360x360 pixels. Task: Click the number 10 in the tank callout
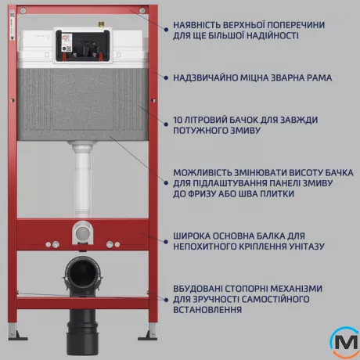[x=179, y=121]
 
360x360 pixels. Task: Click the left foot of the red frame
[x=14, y=336]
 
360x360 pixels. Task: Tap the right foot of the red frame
[x=146, y=336]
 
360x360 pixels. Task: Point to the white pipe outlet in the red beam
[x=82, y=232]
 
